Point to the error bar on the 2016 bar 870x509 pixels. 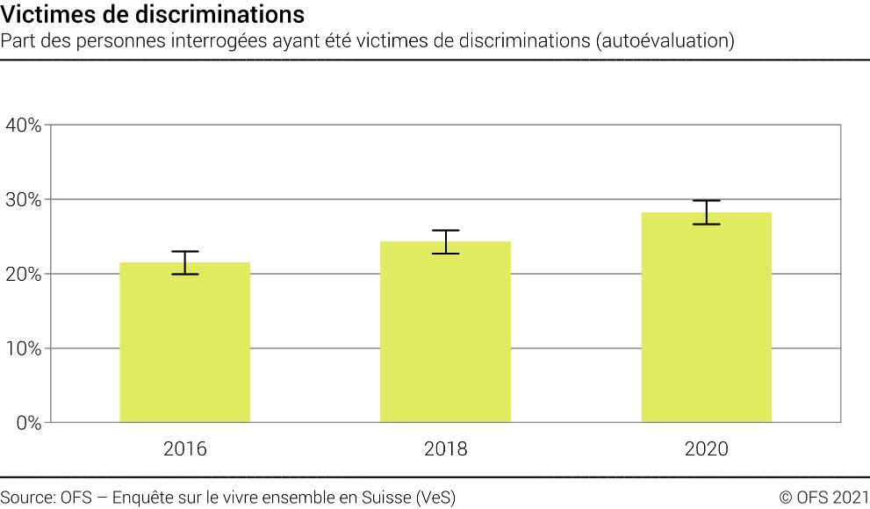(x=184, y=262)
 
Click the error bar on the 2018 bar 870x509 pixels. (x=445, y=241)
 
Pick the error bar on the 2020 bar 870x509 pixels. (x=706, y=212)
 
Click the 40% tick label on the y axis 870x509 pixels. (x=23, y=125)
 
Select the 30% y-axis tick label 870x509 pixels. (x=23, y=199)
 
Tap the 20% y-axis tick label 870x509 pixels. (x=23, y=274)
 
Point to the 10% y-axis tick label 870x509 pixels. (x=23, y=348)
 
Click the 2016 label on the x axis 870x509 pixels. (x=184, y=449)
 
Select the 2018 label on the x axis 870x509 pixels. (x=445, y=449)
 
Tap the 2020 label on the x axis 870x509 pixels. (x=706, y=449)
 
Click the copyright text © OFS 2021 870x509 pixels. (x=823, y=497)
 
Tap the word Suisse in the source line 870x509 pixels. (x=384, y=497)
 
